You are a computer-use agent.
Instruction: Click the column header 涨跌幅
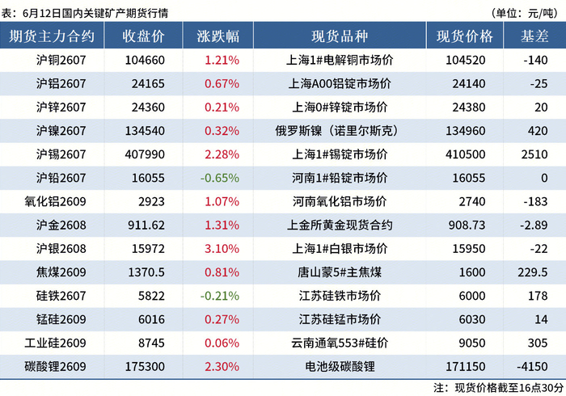click(x=218, y=36)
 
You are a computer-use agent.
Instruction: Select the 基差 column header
click(x=534, y=36)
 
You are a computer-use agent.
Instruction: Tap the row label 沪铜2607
click(x=61, y=60)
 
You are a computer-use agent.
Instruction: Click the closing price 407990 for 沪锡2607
click(x=145, y=154)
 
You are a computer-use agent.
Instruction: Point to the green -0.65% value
click(x=220, y=178)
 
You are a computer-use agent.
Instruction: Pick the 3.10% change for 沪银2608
click(x=222, y=248)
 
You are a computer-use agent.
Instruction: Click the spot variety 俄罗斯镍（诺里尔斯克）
click(x=337, y=131)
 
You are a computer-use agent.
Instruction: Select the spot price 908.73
click(x=467, y=225)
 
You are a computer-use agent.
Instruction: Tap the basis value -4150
click(x=532, y=366)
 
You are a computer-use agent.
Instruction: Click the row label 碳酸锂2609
click(x=55, y=366)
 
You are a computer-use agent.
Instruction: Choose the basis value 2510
click(x=534, y=154)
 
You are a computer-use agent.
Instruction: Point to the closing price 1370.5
click(x=146, y=272)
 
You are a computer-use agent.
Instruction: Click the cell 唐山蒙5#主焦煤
click(x=340, y=272)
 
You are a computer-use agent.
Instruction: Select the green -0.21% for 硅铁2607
click(x=220, y=296)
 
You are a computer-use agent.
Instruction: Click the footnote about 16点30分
click(x=499, y=388)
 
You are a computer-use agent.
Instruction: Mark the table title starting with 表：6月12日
click(x=85, y=14)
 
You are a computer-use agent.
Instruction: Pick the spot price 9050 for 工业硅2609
click(x=472, y=343)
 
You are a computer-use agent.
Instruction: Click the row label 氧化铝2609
click(x=55, y=201)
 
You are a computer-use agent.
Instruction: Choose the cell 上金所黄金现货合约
click(x=340, y=225)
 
